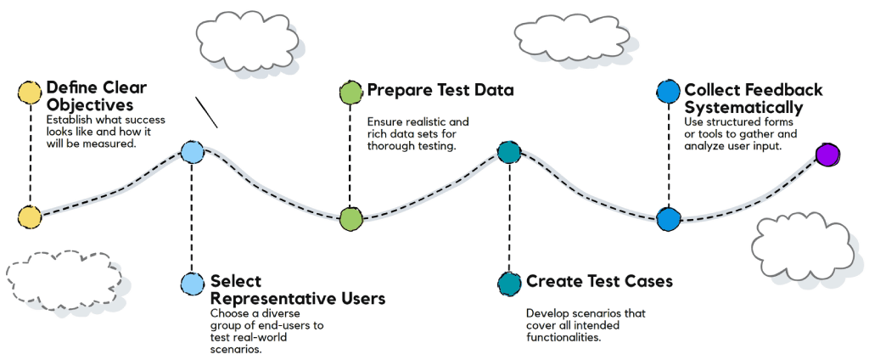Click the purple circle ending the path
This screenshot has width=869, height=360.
pyautogui.click(x=827, y=155)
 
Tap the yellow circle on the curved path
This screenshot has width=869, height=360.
pyautogui.click(x=30, y=217)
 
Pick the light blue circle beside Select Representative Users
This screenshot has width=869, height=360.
pyautogui.click(x=193, y=283)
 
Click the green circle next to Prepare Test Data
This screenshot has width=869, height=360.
pyautogui.click(x=350, y=92)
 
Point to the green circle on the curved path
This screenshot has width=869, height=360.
pyautogui.click(x=350, y=218)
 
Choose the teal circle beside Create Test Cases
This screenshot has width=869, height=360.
pyautogui.click(x=509, y=282)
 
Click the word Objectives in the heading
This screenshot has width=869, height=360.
pyautogui.click(x=89, y=106)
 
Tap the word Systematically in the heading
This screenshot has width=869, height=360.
pyautogui.click(x=743, y=108)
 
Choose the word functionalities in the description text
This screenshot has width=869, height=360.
pyautogui.click(x=563, y=337)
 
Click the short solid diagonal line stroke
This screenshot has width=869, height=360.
pyautogui.click(x=206, y=111)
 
